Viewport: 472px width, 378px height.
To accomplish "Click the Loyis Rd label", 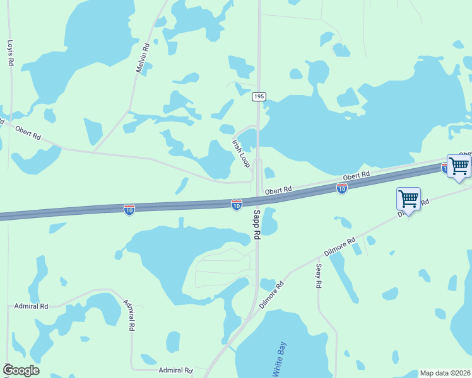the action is (x=10, y=54).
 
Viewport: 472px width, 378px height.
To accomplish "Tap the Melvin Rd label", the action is (x=144, y=57).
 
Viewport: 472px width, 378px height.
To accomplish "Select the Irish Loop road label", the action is (x=241, y=153).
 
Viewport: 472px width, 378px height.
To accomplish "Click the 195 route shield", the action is (x=259, y=96).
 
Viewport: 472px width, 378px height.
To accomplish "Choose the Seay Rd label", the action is (x=319, y=276).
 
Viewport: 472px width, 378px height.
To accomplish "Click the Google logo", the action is (x=21, y=370).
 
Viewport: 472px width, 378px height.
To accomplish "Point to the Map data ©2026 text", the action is (x=445, y=373).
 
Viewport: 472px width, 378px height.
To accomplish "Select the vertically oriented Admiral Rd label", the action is (x=129, y=315).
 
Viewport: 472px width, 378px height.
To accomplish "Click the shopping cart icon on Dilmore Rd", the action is (x=408, y=199).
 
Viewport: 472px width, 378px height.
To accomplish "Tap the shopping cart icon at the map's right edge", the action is (x=459, y=166).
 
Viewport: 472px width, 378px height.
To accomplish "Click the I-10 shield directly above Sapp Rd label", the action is (x=237, y=205).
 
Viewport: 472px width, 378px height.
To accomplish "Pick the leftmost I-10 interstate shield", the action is (x=129, y=209).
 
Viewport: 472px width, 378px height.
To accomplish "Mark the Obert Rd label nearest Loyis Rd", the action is (x=28, y=133).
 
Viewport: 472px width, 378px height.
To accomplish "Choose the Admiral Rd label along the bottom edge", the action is (x=175, y=370).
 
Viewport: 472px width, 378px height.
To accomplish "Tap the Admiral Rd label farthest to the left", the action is (x=32, y=306).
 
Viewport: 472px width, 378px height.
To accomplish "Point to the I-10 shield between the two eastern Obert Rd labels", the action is (x=341, y=188).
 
